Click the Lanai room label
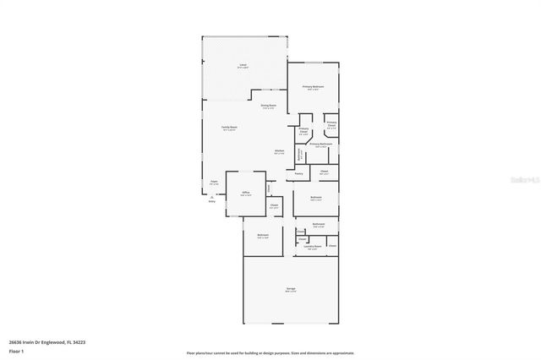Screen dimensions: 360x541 click(x=243, y=64)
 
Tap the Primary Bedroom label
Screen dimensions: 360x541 click(x=314, y=87)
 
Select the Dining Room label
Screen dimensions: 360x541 click(x=269, y=106)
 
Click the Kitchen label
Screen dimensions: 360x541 click(x=279, y=152)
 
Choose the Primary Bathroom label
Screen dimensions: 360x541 click(x=320, y=145)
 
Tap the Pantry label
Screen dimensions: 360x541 click(x=299, y=173)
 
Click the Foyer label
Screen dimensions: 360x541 click(x=213, y=181)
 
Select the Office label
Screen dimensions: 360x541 click(x=246, y=193)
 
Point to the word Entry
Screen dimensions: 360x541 click(x=212, y=201)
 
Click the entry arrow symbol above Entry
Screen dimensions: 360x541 click(x=212, y=196)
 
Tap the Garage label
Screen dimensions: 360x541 click(x=291, y=289)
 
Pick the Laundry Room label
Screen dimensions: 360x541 click(x=313, y=247)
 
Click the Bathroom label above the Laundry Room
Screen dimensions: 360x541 click(x=319, y=224)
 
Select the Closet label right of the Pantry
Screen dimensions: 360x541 click(x=324, y=171)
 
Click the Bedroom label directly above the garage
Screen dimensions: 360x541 click(x=263, y=235)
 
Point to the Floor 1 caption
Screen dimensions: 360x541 click(x=16, y=350)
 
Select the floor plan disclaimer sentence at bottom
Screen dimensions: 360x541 click(x=270, y=353)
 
